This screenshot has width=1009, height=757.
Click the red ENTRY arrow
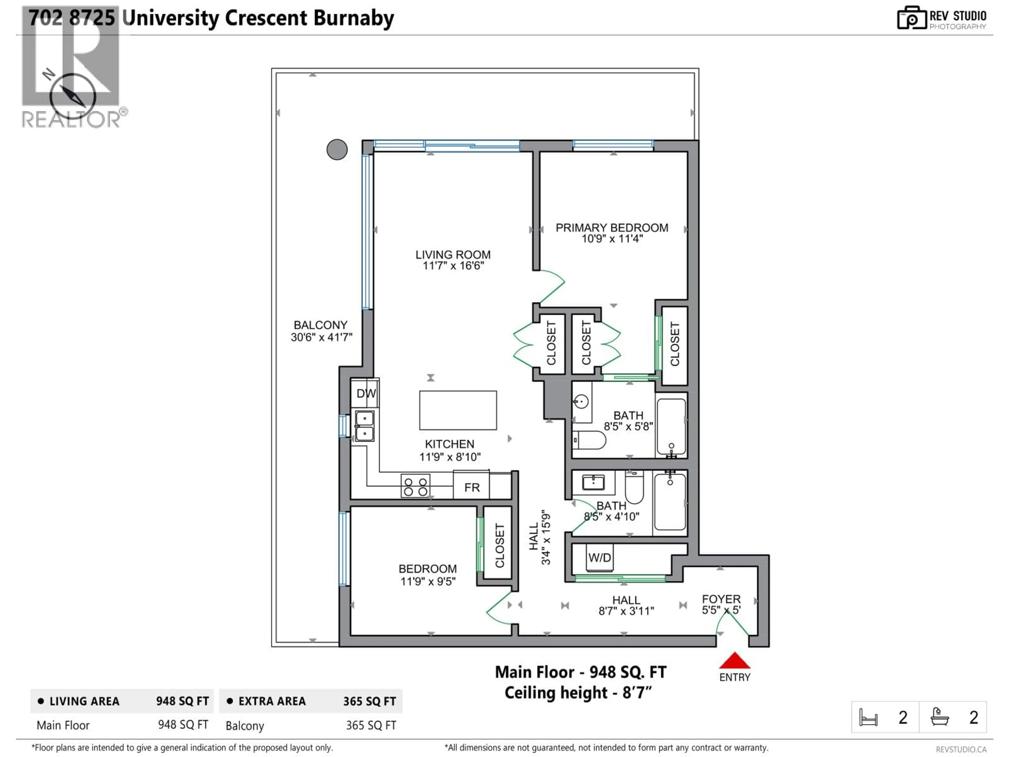tap(734, 661)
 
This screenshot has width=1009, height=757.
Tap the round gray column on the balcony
tap(337, 150)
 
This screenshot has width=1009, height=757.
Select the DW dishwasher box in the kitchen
tap(365, 393)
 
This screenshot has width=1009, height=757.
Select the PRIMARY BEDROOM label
tap(612, 228)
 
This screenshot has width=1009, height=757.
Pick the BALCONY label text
tap(320, 325)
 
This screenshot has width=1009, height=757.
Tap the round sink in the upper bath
tap(581, 402)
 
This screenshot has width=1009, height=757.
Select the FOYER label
tap(721, 599)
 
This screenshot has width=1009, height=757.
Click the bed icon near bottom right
tap(868, 717)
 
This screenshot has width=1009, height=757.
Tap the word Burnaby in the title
tap(353, 18)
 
